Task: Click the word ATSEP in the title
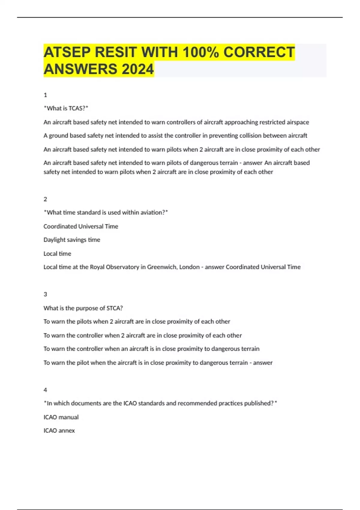[x=67, y=52]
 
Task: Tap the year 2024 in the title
[x=137, y=69]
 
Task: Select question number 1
[x=45, y=95]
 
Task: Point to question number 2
[x=45, y=199]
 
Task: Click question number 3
[x=45, y=294]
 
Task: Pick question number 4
[x=45, y=390]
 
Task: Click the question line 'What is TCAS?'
[x=66, y=108]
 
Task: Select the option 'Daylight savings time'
[x=72, y=240]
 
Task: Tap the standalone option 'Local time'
[x=57, y=253]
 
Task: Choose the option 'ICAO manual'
[x=61, y=417]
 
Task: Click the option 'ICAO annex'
[x=59, y=430]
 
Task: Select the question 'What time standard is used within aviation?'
[x=106, y=212]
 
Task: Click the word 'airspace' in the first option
[x=297, y=122]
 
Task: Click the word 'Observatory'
[x=122, y=267]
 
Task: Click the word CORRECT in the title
[x=259, y=52]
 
